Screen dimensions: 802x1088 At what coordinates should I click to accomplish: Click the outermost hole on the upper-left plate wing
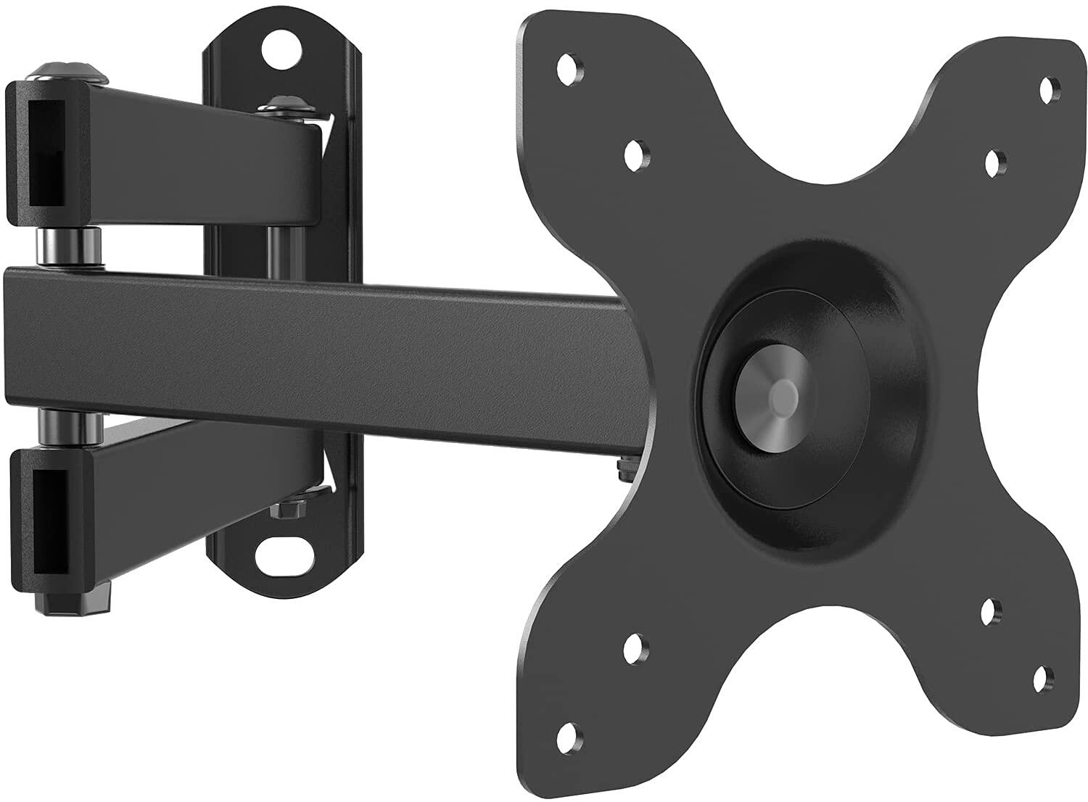pyautogui.click(x=569, y=68)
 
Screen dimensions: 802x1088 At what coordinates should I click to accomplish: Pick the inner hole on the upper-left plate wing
pyautogui.click(x=636, y=153)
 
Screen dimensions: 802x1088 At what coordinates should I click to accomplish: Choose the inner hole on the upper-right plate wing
pyautogui.click(x=995, y=160)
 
